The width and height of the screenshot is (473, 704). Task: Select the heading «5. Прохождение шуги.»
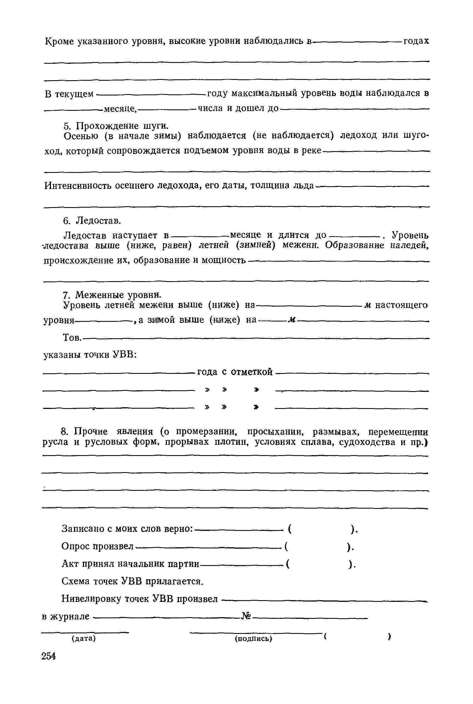tap(116, 126)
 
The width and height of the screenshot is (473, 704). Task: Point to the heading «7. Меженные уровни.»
tap(112, 294)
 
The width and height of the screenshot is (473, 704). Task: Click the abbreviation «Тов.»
tap(72, 337)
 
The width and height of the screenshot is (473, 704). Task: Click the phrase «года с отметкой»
tap(235, 372)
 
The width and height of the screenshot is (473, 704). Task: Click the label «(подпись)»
tap(253, 639)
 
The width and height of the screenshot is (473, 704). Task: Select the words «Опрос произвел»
tap(97, 546)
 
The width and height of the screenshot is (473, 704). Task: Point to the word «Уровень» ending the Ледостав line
tap(410, 235)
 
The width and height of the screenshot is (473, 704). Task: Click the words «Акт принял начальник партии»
tap(130, 563)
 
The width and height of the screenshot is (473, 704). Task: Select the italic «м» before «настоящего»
tap(368, 305)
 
